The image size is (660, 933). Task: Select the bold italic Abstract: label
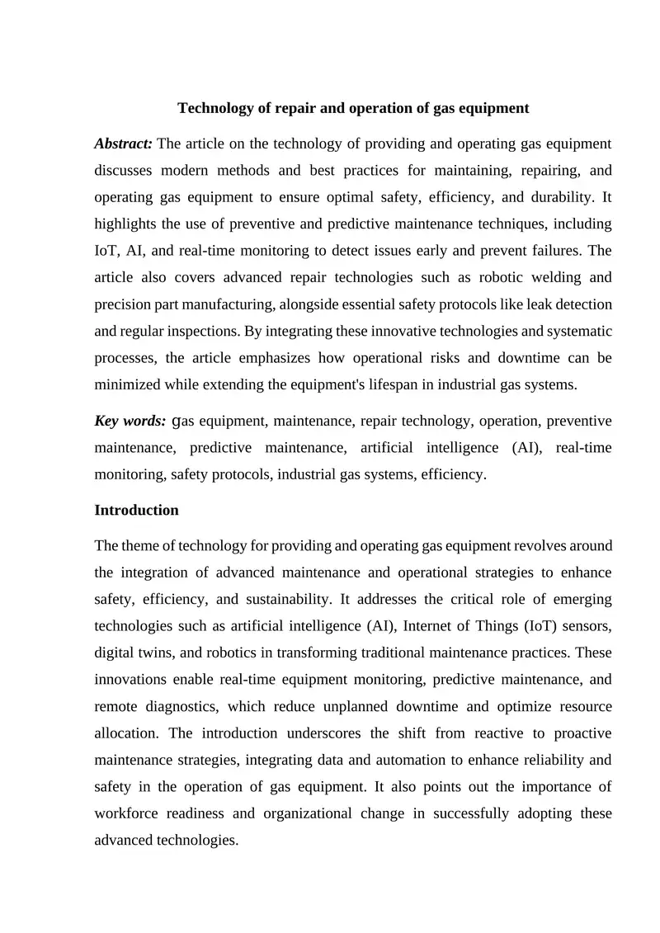[123, 144]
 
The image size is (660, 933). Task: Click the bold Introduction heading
[136, 510]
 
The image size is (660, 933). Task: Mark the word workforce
[130, 813]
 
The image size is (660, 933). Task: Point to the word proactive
[577, 733]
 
